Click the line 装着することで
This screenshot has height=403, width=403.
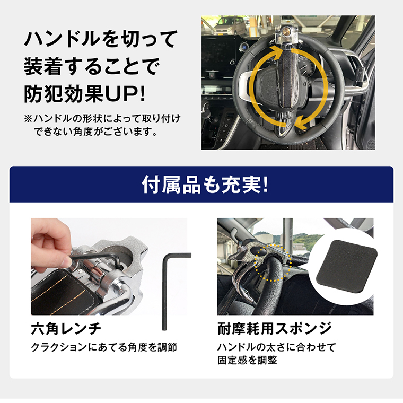pyautogui.click(x=92, y=67)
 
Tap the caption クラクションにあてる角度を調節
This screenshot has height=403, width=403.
pyautogui.click(x=104, y=348)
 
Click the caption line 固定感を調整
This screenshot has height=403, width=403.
pyautogui.click(x=247, y=361)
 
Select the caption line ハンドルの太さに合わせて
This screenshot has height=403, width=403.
pyautogui.click(x=277, y=348)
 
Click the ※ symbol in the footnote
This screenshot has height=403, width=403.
pyautogui.click(x=28, y=118)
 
